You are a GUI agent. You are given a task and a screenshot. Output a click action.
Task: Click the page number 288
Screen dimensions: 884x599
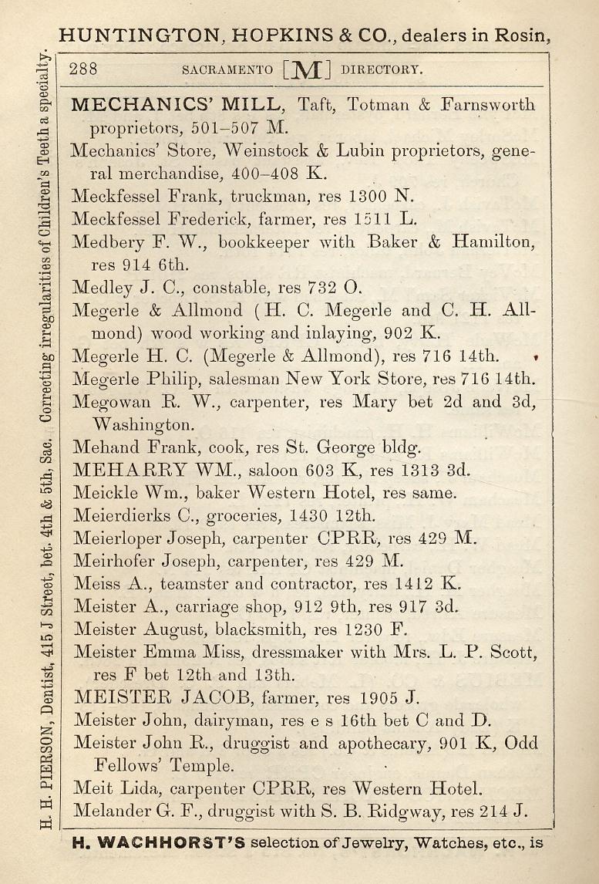[x=83, y=69]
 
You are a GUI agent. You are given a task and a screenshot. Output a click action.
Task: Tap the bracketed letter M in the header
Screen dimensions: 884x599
[x=307, y=70]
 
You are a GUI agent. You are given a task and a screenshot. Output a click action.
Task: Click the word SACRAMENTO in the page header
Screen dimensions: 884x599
[x=227, y=69]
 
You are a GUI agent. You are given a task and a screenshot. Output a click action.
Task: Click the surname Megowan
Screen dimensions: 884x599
[x=107, y=402]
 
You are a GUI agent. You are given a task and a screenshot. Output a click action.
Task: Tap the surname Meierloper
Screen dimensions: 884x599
[x=122, y=538]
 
